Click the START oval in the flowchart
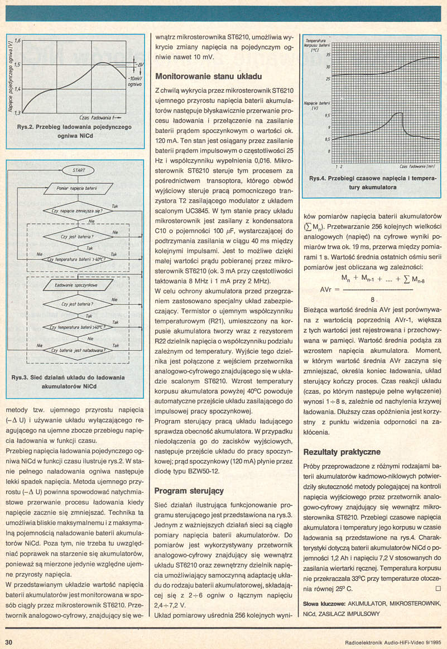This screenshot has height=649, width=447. (79, 169)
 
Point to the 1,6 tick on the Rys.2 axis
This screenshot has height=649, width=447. (17, 41)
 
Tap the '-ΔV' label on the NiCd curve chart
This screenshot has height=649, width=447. (140, 65)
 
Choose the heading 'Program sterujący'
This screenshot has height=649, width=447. (189, 491)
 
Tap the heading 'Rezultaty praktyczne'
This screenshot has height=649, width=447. (342, 452)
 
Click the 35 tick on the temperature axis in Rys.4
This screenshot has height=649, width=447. (328, 55)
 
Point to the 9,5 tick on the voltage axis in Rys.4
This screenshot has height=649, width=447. (328, 115)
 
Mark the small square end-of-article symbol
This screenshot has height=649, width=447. (438, 589)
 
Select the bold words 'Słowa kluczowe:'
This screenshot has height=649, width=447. (324, 604)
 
